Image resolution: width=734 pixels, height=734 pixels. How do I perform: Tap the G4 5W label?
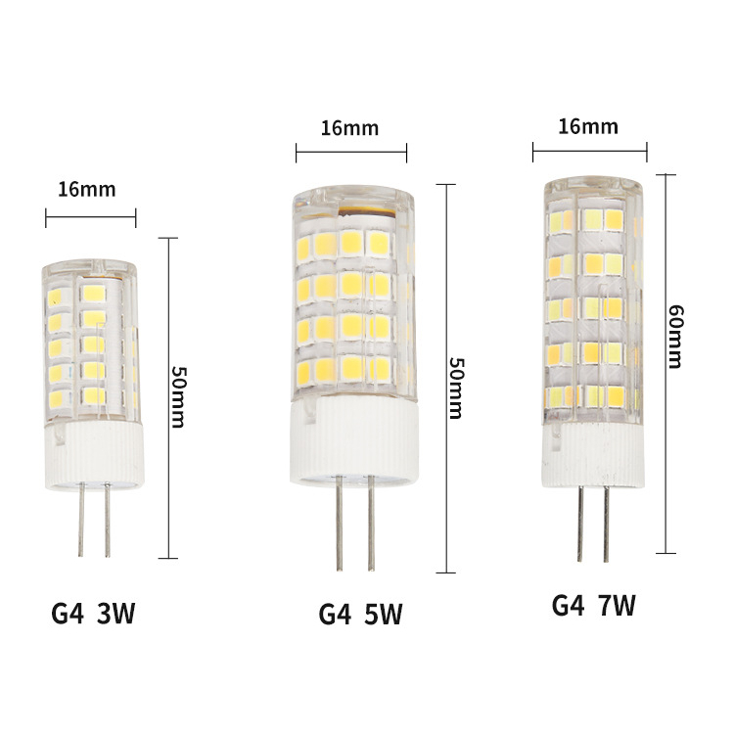[x=360, y=614]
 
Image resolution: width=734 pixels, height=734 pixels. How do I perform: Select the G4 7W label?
[x=593, y=605]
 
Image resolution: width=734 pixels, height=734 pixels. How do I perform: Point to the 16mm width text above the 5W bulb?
[x=348, y=128]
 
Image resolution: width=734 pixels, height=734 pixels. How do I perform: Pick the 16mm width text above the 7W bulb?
[x=589, y=126]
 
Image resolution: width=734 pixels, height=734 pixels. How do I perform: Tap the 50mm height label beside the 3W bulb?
[x=178, y=396]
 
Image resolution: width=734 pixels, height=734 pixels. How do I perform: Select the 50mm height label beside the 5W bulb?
[x=454, y=385]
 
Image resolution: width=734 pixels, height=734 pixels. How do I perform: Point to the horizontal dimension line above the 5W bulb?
[x=350, y=152]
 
